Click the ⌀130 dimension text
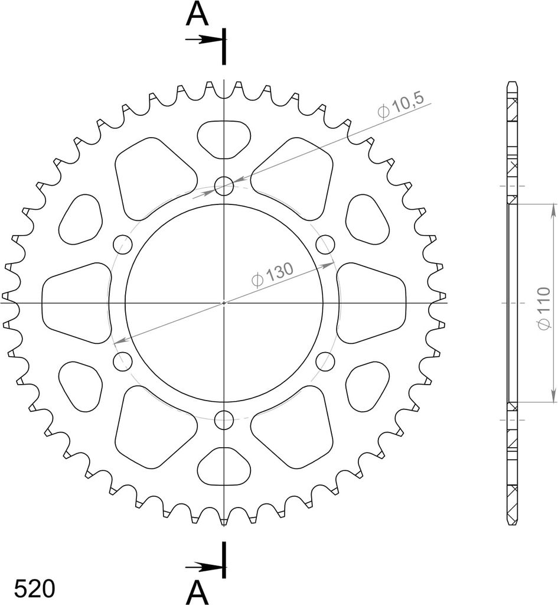tap(272, 275)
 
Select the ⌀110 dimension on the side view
tap(544, 308)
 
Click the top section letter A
tap(197, 15)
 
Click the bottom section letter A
tap(197, 593)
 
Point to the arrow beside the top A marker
tap(204, 40)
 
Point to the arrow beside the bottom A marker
tap(204, 567)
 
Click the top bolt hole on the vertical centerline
tap(224, 186)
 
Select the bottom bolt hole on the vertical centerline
tap(224, 420)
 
